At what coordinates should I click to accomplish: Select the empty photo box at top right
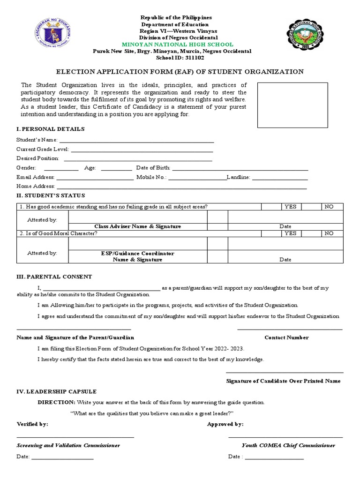click(292, 105)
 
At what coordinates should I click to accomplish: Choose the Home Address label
click(36, 187)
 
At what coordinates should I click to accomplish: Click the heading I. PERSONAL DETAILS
click(51, 129)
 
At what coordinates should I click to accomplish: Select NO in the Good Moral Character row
click(330, 233)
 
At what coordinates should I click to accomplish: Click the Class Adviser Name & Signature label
click(138, 226)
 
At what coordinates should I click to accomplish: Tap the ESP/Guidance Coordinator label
click(138, 253)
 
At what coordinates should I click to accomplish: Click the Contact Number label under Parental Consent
click(286, 337)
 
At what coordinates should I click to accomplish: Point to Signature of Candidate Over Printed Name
click(283, 381)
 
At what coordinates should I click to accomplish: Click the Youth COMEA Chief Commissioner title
click(288, 445)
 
